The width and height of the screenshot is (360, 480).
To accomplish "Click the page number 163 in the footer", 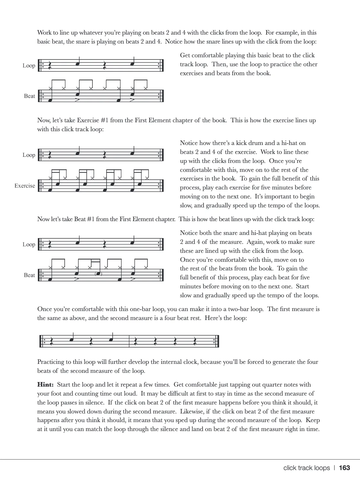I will pos(344,468).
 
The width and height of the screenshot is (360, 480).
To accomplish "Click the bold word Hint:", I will pos(45,385).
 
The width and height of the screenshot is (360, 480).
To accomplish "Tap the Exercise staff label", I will pos(25,186).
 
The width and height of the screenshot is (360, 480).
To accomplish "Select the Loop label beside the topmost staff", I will pos(29,66).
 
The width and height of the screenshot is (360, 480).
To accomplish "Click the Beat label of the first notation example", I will pos(29,96).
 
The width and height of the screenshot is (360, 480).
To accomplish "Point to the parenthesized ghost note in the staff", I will pos(98,274).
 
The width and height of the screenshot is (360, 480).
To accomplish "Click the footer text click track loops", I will pos(306,468).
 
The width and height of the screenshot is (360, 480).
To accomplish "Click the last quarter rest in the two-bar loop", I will pos(195,341).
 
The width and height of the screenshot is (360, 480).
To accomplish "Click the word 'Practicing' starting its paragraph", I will pos(51,362).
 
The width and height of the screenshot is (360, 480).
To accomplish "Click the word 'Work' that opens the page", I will pos(44,33).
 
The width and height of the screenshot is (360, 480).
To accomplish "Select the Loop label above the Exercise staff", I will pos(29,155).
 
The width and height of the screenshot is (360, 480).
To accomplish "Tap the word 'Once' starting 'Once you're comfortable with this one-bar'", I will pos(44,309).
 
